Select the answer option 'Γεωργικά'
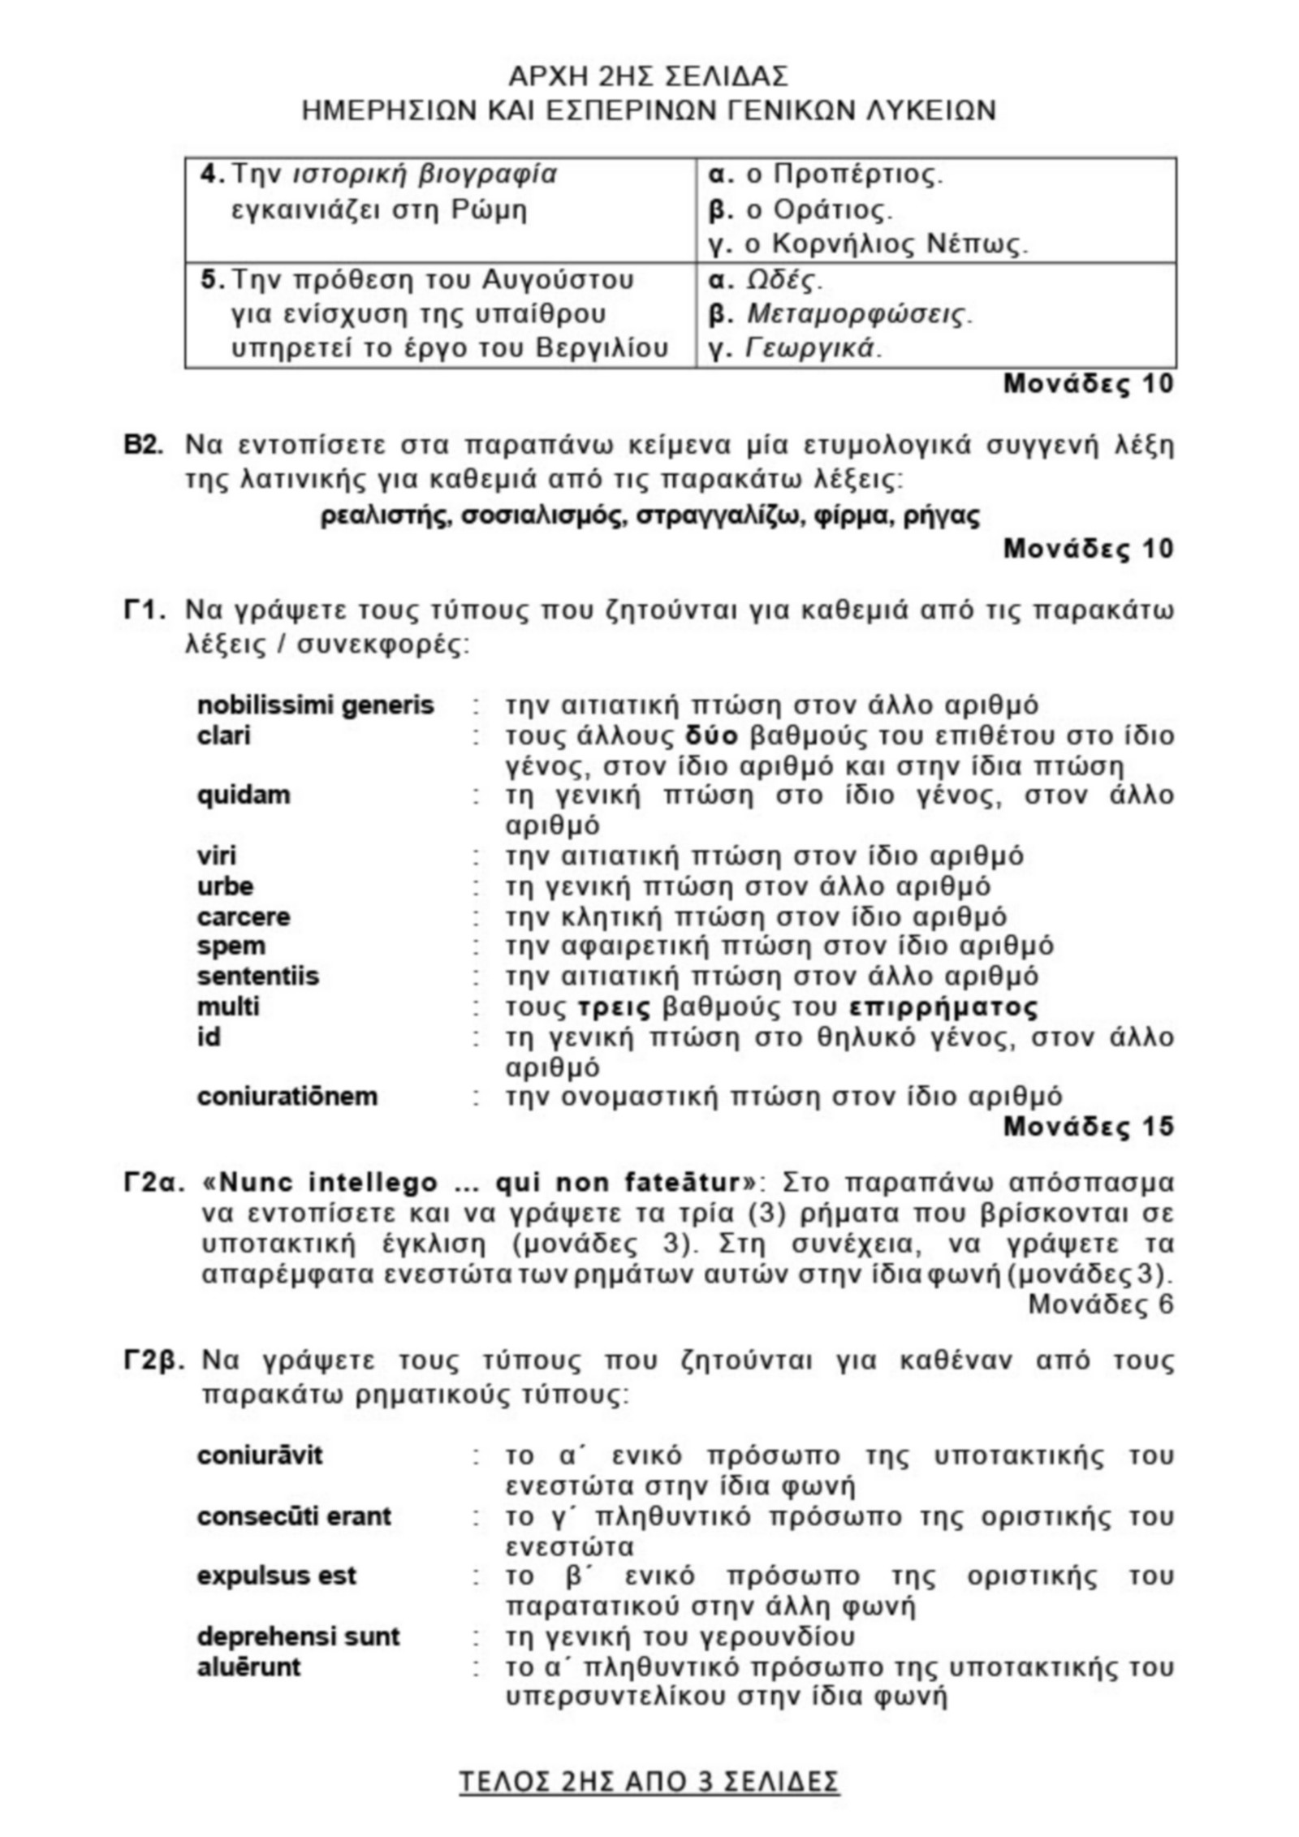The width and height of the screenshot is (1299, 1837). (812, 348)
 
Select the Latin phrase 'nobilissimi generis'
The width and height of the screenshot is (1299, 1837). (315, 705)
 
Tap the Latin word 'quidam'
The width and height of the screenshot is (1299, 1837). (243, 794)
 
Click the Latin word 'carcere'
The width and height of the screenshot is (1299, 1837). (243, 917)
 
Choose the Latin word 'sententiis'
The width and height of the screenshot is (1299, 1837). (257, 976)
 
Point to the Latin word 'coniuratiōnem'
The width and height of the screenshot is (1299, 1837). (287, 1097)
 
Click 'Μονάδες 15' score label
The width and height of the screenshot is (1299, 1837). (1088, 1127)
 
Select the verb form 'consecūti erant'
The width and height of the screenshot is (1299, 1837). (294, 1516)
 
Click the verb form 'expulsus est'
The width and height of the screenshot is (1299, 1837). (276, 1576)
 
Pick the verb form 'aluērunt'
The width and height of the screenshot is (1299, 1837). (248, 1667)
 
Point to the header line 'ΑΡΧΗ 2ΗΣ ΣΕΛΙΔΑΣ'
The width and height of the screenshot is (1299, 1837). (648, 77)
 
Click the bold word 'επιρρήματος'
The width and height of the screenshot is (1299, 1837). (943, 1007)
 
